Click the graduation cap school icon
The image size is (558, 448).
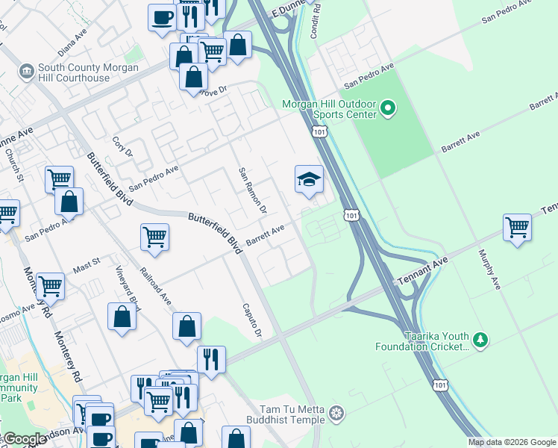309,179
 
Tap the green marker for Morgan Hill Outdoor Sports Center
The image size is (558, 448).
387,110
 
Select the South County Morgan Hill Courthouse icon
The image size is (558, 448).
27,72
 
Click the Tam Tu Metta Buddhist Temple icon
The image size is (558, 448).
337,413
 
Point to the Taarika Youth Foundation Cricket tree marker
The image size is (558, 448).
481,340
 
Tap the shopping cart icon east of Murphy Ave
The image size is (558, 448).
517,226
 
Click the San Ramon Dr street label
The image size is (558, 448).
252,190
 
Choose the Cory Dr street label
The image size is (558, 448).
122,146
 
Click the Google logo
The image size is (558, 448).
24,440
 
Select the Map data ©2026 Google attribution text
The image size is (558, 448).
512,442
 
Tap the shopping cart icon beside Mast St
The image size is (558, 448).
50,284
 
